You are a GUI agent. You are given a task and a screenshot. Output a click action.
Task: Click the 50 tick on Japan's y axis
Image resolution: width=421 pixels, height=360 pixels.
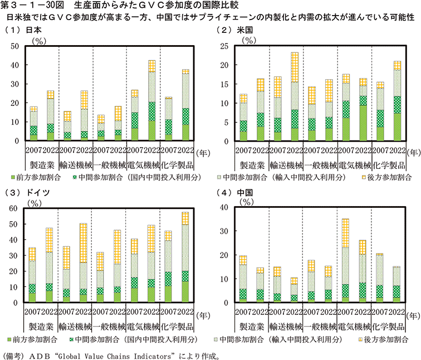17,46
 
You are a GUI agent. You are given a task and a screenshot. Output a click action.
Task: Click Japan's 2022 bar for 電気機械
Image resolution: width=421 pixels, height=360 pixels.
151,100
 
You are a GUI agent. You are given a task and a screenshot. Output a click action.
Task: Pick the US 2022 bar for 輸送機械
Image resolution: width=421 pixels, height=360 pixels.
294,97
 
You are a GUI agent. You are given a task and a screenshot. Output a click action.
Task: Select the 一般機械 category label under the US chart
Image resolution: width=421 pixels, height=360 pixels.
320,165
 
